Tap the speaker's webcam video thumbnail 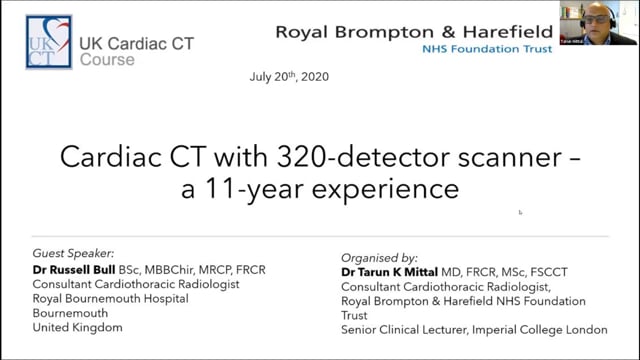[612, 23]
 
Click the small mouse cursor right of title [520, 211]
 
